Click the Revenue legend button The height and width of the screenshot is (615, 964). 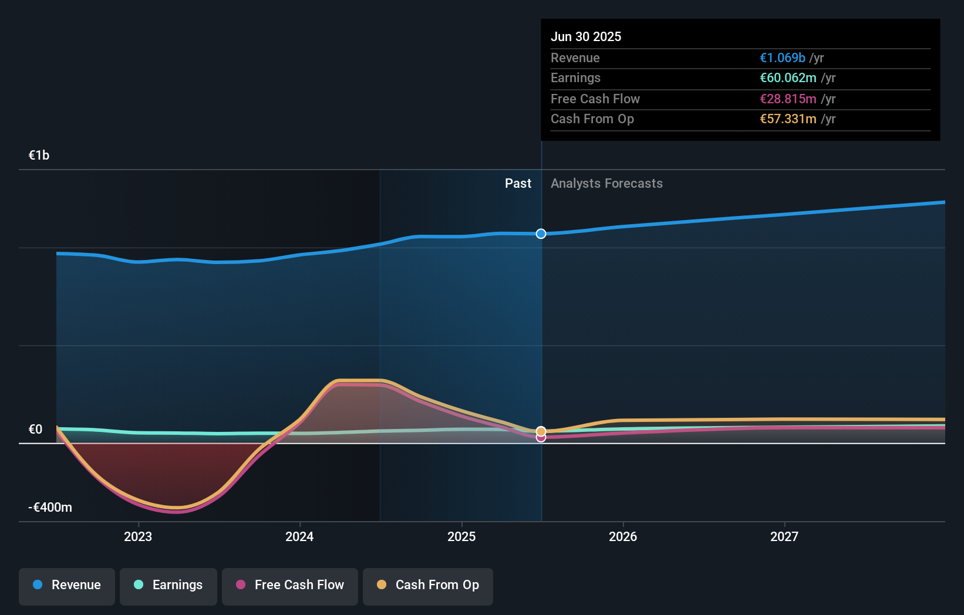pyautogui.click(x=67, y=585)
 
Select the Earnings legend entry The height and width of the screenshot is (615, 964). pyautogui.click(x=168, y=585)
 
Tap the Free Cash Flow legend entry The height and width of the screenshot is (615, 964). pyautogui.click(x=290, y=585)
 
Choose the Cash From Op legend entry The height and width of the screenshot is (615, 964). pyautogui.click(x=428, y=585)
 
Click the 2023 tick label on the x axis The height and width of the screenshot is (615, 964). pyautogui.click(x=138, y=536)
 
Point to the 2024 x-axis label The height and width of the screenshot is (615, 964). pyautogui.click(x=299, y=536)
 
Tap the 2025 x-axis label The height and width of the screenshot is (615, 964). pyautogui.click(x=461, y=536)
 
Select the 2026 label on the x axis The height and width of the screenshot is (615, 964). pyautogui.click(x=623, y=536)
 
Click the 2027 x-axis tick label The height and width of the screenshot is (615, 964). pyautogui.click(x=784, y=536)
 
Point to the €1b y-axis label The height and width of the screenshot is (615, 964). pyautogui.click(x=39, y=155)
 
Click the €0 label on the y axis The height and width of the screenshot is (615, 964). pyautogui.click(x=35, y=429)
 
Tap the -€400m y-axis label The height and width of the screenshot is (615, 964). pyautogui.click(x=50, y=507)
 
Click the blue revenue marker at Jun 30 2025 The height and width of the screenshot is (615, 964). pyautogui.click(x=541, y=234)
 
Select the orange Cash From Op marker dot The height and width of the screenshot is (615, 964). pyautogui.click(x=541, y=431)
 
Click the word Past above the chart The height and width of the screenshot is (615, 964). pyautogui.click(x=518, y=183)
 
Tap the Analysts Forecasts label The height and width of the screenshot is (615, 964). pyautogui.click(x=606, y=183)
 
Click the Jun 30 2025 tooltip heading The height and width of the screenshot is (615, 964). pyautogui.click(x=586, y=36)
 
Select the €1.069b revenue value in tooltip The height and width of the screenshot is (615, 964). pyautogui.click(x=783, y=58)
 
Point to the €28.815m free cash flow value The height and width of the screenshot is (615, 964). pyautogui.click(x=788, y=99)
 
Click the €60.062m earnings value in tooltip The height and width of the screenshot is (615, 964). pyautogui.click(x=788, y=77)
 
